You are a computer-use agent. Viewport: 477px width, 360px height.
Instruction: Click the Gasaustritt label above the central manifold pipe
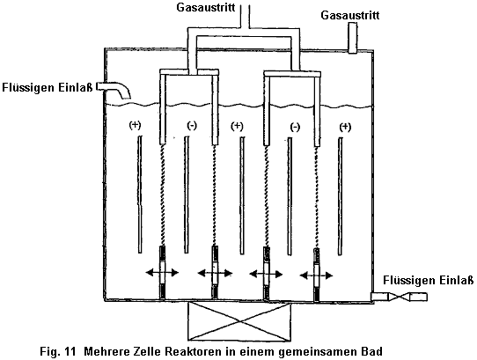click(206, 7)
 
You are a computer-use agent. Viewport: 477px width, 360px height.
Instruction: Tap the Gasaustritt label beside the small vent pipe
click(350, 15)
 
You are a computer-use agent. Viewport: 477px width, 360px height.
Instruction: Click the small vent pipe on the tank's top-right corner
click(352, 38)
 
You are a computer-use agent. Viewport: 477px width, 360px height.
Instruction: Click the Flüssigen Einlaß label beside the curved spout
click(48, 88)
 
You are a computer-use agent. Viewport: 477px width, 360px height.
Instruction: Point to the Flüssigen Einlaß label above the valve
click(428, 280)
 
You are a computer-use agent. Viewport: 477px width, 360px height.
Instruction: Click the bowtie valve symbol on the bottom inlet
click(399, 297)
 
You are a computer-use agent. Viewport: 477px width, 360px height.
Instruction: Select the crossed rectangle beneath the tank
click(239, 321)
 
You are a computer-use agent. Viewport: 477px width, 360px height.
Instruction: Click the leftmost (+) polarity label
click(135, 125)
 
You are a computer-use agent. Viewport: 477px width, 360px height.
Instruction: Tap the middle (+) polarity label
click(237, 126)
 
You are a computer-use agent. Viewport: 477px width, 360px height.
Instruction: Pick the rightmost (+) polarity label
click(345, 127)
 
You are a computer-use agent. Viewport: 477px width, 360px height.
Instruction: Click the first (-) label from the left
click(192, 125)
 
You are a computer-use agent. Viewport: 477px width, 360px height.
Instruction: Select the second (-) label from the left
click(295, 127)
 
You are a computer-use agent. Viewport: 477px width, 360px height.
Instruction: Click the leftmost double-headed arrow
click(162, 273)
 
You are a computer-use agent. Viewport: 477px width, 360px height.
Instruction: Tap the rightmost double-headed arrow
click(316, 276)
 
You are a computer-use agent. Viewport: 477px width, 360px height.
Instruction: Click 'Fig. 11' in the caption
click(57, 352)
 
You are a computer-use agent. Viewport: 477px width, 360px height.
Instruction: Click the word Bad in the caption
click(372, 351)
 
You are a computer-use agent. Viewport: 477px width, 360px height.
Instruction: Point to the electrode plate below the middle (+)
click(242, 195)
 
